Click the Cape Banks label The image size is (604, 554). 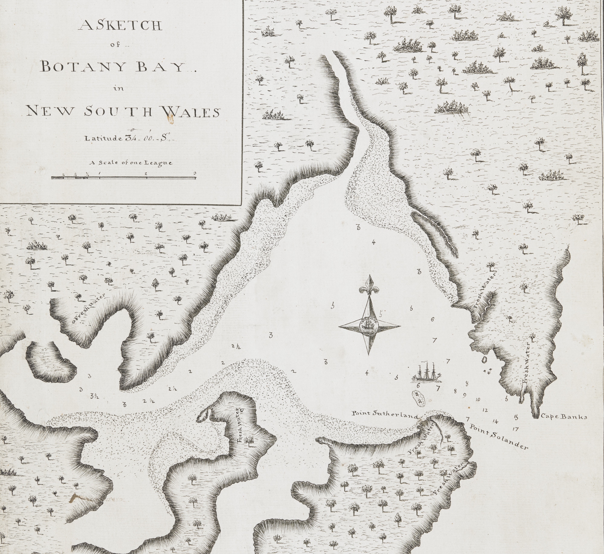tap(564, 417)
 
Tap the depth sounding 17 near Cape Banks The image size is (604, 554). tap(515, 429)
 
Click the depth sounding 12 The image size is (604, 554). tap(485, 410)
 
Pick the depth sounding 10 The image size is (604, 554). tap(478, 399)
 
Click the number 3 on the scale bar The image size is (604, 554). tap(195, 173)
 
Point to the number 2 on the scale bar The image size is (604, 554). tap(146, 173)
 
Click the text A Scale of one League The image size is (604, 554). tap(130, 163)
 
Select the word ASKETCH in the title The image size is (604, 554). tap(120, 26)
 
